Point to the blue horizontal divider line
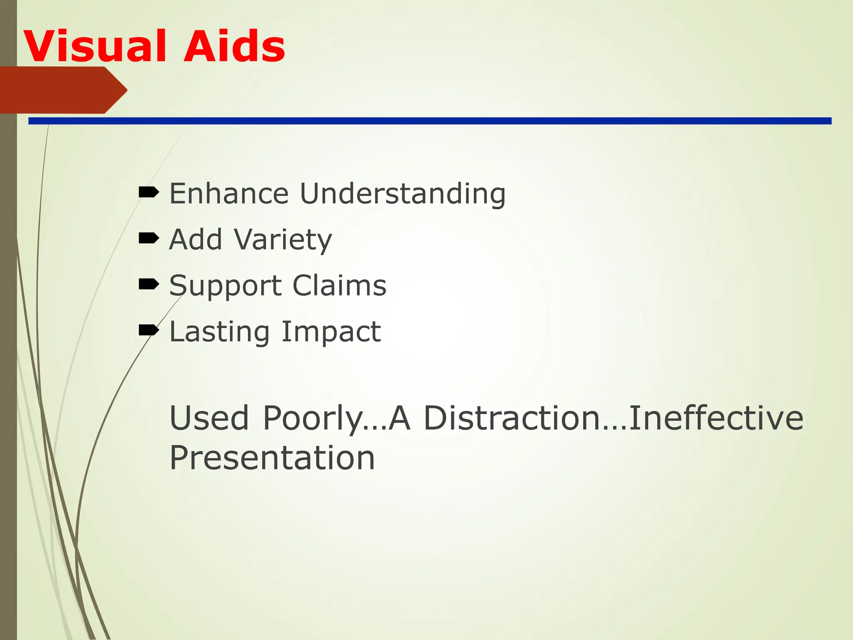pyautogui.click(x=429, y=121)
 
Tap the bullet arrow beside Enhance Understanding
pyautogui.click(x=149, y=192)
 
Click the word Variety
pyautogui.click(x=283, y=240)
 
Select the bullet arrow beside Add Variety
pyautogui.click(x=149, y=238)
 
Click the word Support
pyautogui.click(x=225, y=286)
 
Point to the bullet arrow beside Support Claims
pyautogui.click(x=149, y=284)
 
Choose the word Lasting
pyautogui.click(x=219, y=332)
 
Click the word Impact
pyautogui.click(x=331, y=332)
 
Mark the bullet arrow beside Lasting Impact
pyautogui.click(x=149, y=330)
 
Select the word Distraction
pyautogui.click(x=525, y=417)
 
